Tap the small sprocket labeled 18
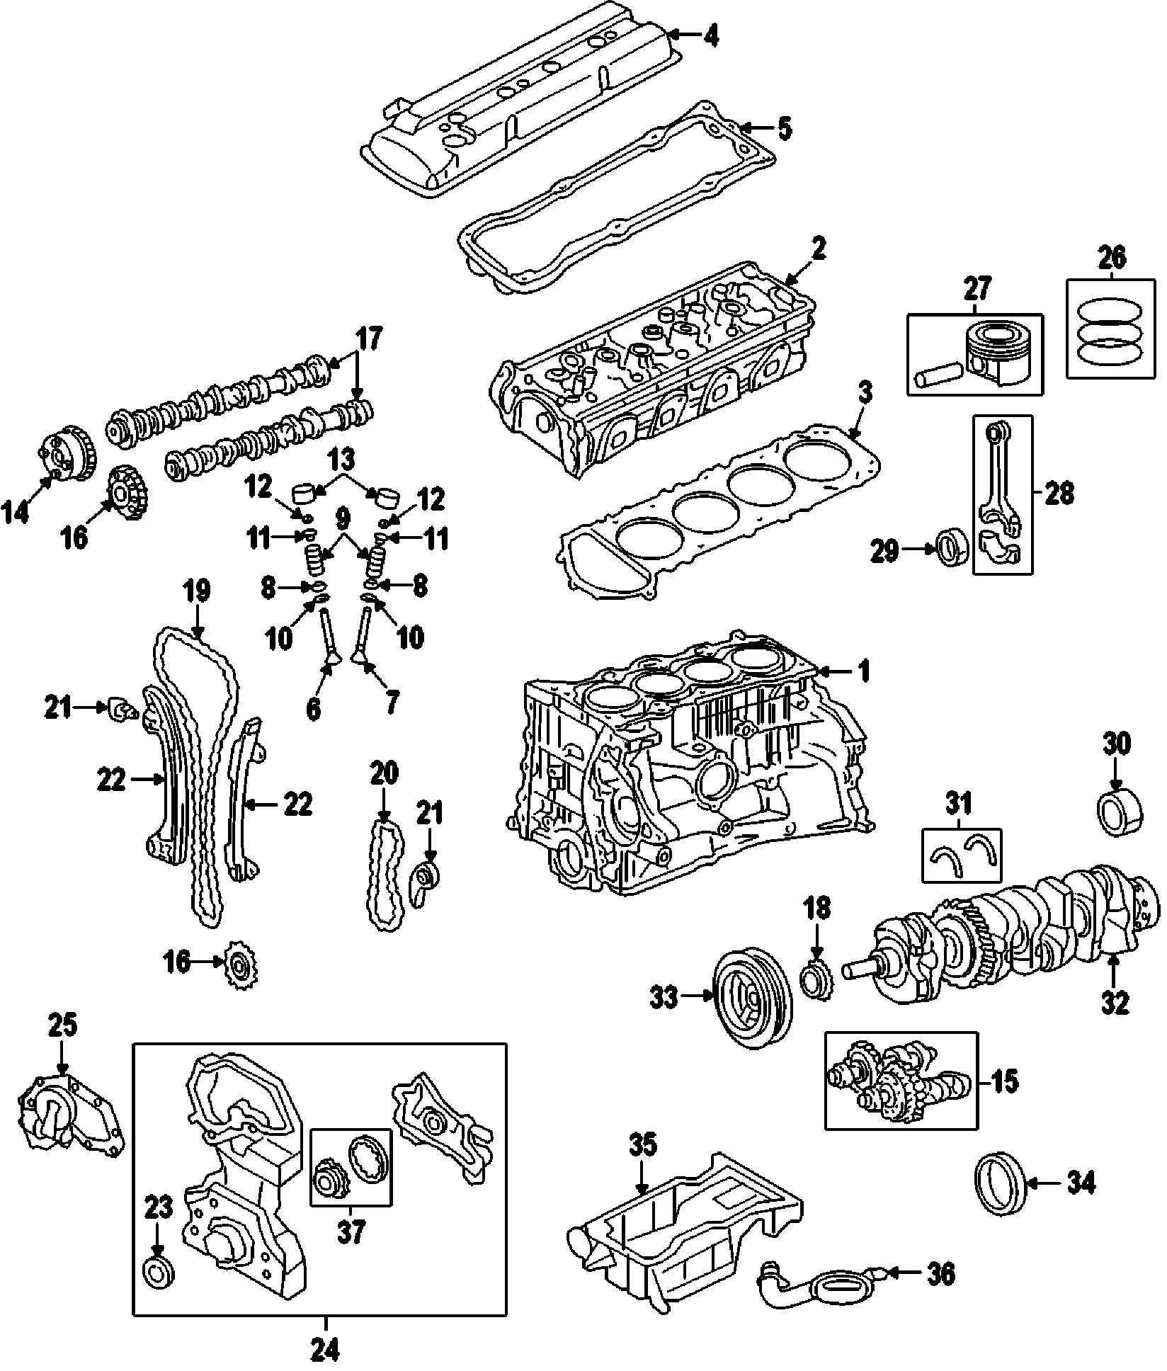(x=818, y=980)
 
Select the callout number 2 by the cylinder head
(x=819, y=249)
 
